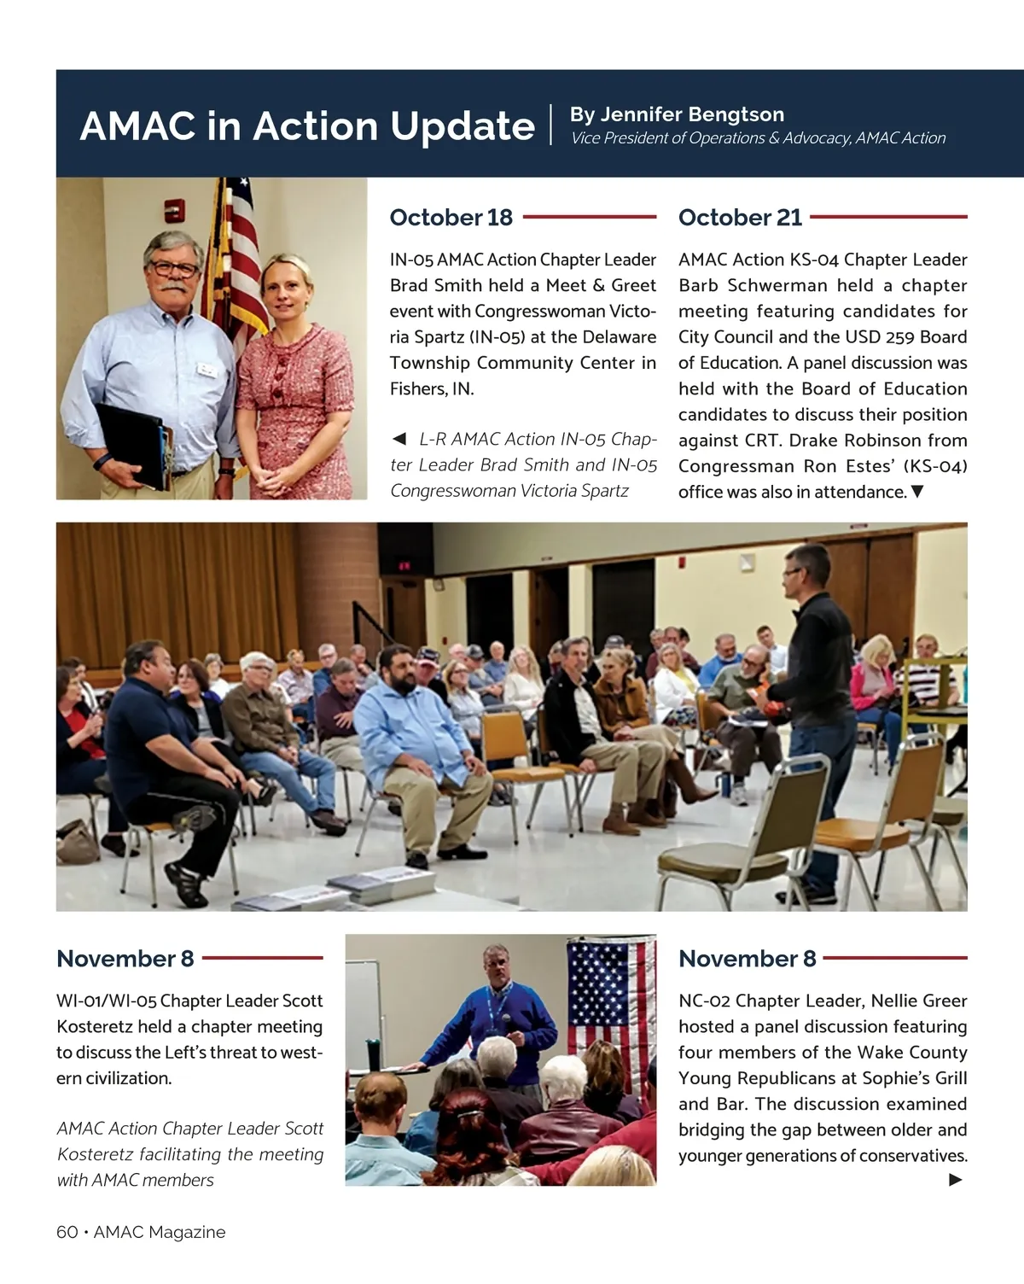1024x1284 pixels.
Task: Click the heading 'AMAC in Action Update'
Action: click(x=307, y=126)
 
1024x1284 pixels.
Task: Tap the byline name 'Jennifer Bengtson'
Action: click(x=691, y=114)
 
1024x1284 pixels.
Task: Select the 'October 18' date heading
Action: click(x=451, y=218)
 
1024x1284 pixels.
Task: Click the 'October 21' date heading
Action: click(x=740, y=218)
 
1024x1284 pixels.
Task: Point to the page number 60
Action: click(x=67, y=1232)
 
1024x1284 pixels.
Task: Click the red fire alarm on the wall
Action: click(x=174, y=209)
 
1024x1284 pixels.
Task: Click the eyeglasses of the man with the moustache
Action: click(x=174, y=268)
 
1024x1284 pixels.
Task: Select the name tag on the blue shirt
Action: click(x=207, y=368)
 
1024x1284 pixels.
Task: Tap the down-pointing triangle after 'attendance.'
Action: click(x=917, y=492)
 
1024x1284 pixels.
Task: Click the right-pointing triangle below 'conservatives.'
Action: click(x=956, y=1180)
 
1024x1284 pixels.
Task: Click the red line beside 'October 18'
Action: click(x=589, y=218)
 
